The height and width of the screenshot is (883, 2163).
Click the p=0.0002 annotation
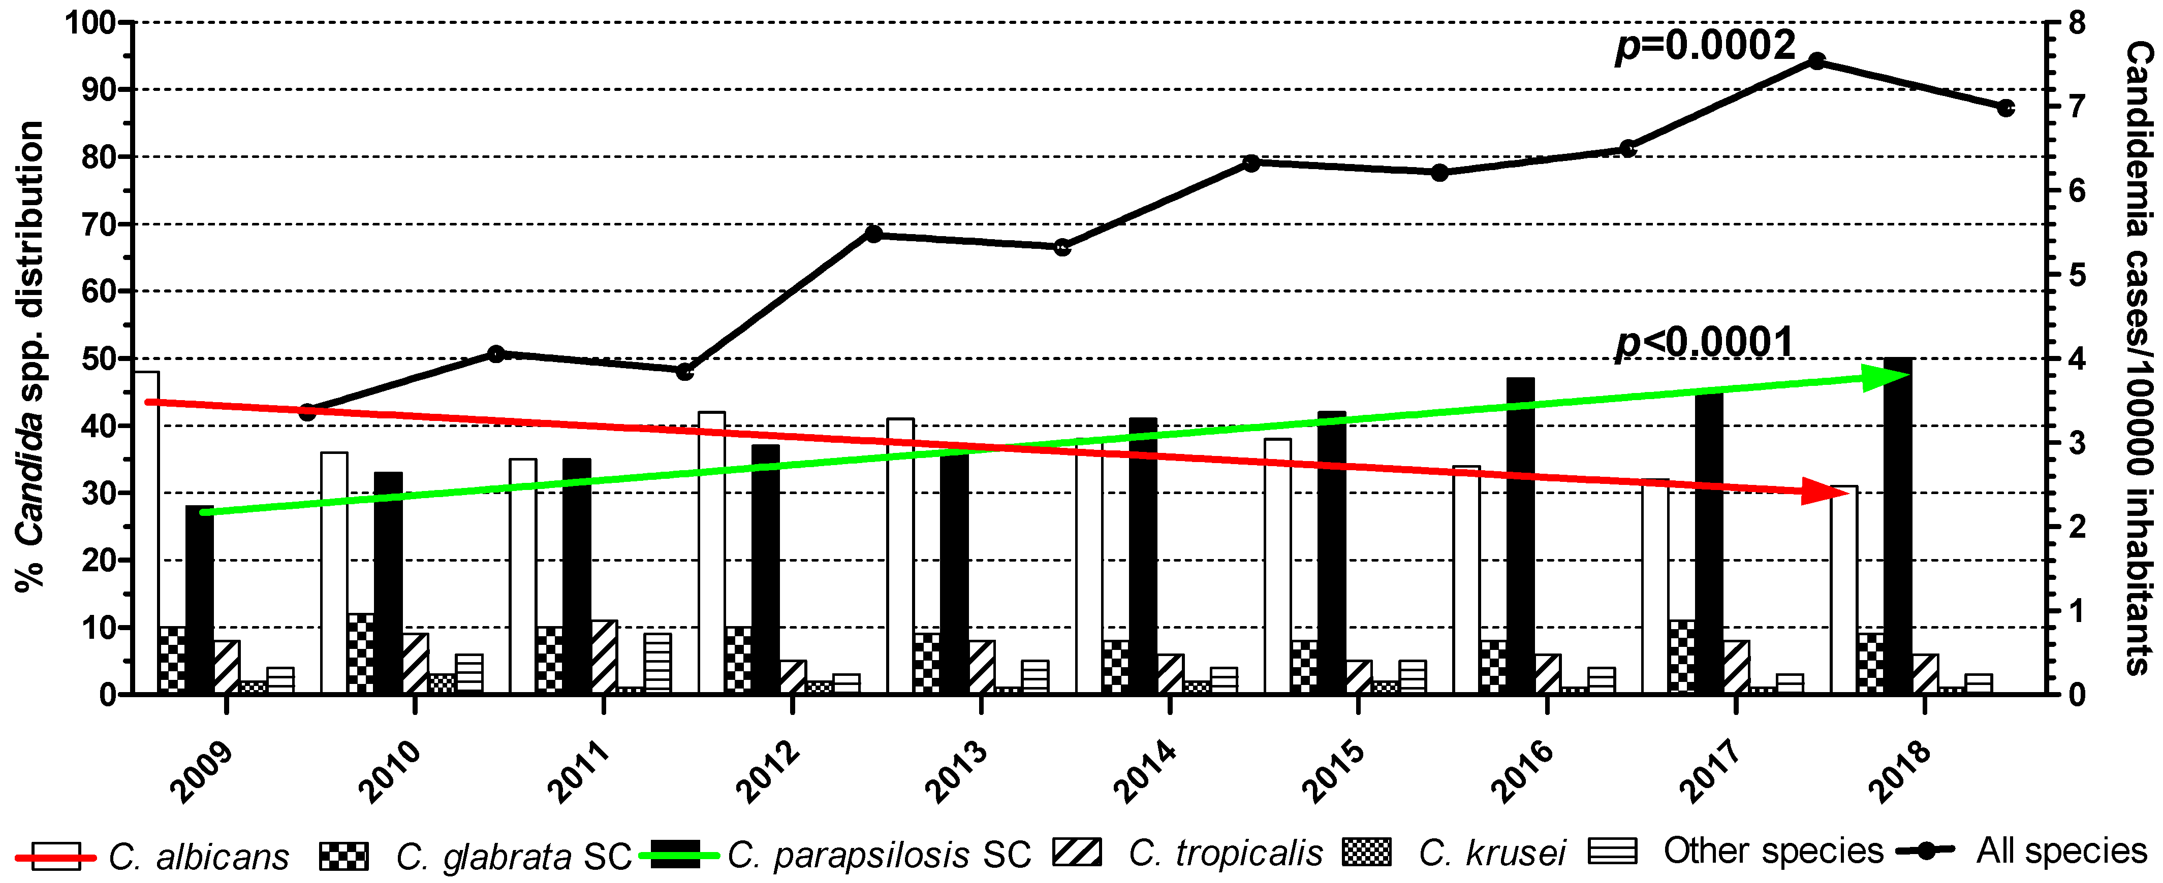click(x=1705, y=46)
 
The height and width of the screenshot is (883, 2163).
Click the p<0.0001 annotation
click(x=1705, y=342)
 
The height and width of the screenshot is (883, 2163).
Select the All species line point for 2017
click(x=1816, y=61)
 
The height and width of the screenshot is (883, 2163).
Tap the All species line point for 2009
click(x=307, y=412)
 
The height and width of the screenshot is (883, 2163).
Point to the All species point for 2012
click(x=873, y=234)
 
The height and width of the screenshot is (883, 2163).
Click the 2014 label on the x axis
click(x=1144, y=770)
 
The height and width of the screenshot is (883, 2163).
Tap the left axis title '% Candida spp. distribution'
click(x=29, y=357)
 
